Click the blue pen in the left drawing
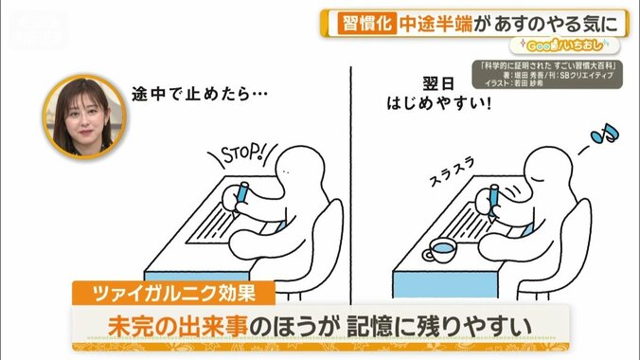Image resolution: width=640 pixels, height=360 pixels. [240, 193]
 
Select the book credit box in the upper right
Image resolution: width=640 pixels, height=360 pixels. [551, 75]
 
